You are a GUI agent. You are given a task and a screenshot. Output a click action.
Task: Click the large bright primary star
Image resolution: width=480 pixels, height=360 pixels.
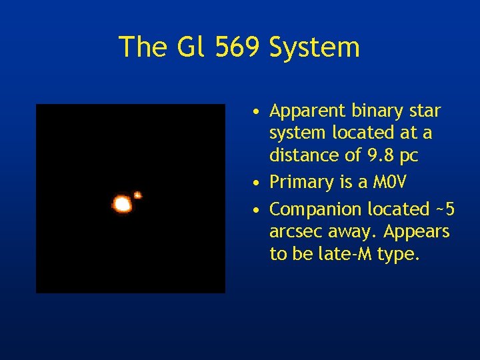122,204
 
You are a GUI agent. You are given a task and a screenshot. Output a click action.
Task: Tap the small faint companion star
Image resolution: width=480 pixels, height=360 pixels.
138,195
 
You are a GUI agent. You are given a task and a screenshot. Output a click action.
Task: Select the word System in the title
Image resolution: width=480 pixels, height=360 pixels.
313,47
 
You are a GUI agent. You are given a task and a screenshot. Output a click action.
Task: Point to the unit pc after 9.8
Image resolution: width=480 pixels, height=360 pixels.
409,156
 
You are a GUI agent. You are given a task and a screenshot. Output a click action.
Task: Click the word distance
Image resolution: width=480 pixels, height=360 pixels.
299,155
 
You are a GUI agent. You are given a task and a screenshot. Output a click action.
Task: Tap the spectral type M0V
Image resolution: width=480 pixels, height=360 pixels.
389,182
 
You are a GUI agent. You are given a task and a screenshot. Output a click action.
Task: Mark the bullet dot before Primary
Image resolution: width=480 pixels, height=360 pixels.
257,183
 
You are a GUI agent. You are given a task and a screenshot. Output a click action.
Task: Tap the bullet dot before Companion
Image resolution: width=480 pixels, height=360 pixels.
257,210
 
